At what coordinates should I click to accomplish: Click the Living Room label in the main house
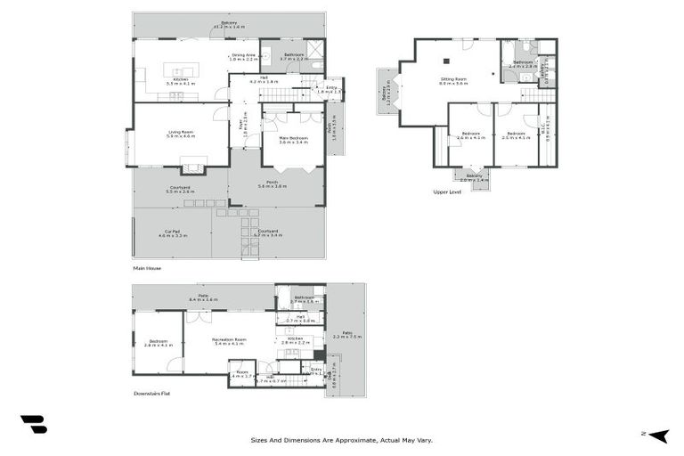click(182, 133)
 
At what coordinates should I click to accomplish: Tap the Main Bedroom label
click(293, 139)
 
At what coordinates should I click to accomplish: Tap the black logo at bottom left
click(34, 425)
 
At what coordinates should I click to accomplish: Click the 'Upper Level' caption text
click(448, 191)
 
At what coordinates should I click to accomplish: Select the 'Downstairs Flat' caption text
click(152, 393)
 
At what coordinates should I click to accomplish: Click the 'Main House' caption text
click(147, 267)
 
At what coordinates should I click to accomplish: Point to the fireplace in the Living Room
click(193, 165)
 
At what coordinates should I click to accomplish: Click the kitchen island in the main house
click(175, 71)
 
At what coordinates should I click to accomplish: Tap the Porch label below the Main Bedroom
click(272, 183)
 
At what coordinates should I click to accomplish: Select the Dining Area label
click(244, 56)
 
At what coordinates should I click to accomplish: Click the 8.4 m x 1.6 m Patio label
click(203, 298)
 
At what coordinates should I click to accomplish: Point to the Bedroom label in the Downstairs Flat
click(158, 341)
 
